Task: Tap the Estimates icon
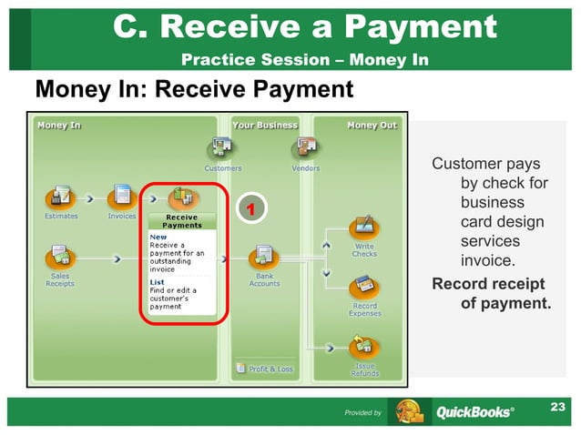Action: [61, 197]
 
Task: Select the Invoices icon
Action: [122, 197]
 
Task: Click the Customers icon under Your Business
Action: [222, 147]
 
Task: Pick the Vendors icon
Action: [305, 147]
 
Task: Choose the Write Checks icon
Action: [364, 227]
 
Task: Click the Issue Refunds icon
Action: [364, 347]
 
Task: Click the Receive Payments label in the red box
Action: [182, 221]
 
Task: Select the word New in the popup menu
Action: [158, 237]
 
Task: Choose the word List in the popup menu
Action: [157, 281]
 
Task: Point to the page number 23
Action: [558, 407]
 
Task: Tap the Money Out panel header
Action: [372, 126]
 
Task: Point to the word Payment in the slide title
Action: [441, 28]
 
